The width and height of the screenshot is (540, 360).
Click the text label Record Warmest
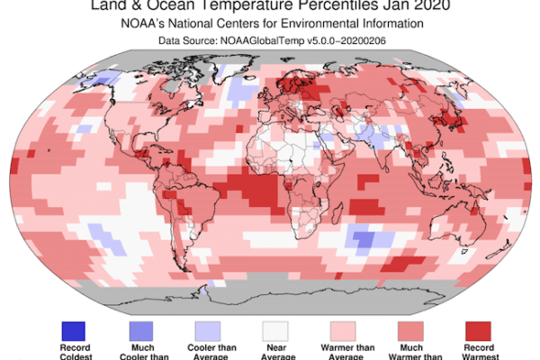point(481,351)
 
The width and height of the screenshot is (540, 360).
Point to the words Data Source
point(193,40)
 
